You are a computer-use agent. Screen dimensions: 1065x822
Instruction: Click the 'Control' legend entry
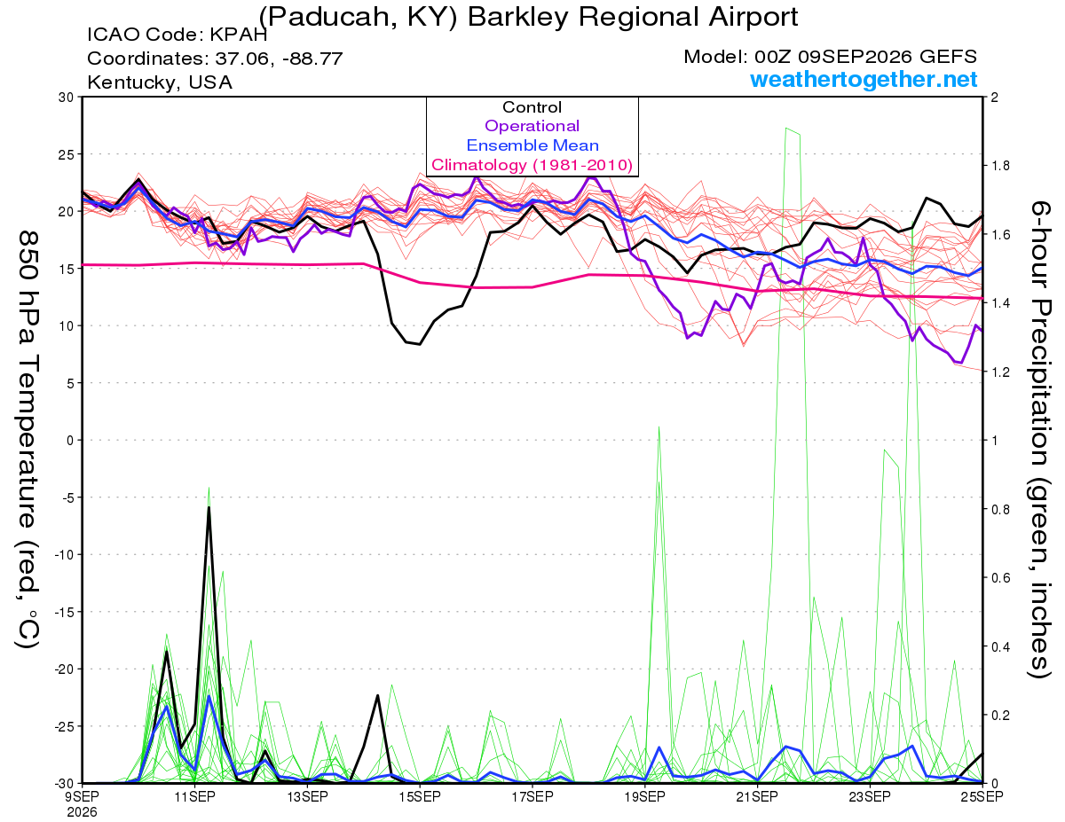532,107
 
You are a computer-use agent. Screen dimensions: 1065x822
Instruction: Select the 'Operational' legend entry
532,126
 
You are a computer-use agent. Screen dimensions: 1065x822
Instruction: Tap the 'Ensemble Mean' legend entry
532,145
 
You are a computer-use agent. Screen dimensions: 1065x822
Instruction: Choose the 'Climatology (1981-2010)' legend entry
532,165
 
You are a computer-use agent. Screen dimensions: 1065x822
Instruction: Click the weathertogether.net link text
864,79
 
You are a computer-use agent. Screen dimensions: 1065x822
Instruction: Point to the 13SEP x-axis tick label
307,796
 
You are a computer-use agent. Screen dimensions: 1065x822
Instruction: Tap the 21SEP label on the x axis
757,796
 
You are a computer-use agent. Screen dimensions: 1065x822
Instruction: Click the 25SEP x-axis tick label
982,796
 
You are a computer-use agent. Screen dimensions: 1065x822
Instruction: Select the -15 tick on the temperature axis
63,612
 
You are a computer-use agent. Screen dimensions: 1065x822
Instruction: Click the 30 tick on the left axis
67,98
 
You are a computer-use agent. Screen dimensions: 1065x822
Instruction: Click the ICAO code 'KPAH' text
239,35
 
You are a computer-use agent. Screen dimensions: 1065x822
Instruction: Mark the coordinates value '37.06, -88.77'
279,59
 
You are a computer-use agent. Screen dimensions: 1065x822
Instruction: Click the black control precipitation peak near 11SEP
209,507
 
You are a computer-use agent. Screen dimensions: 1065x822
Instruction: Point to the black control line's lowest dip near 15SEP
420,344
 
